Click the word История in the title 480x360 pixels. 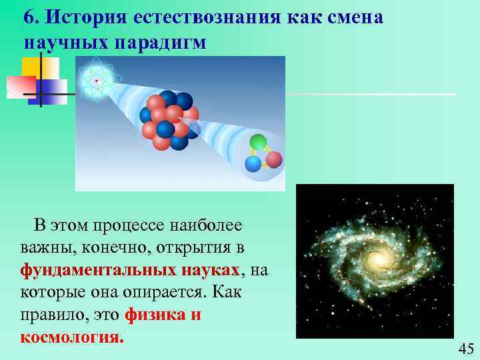[x=75, y=18]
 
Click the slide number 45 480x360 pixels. [x=466, y=349]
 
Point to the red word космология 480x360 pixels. [x=72, y=337]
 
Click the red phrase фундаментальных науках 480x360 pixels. [x=130, y=270]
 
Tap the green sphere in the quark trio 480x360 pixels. [x=257, y=142]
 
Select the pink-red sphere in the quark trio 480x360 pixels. [x=274, y=159]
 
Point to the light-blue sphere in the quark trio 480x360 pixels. [x=253, y=163]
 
